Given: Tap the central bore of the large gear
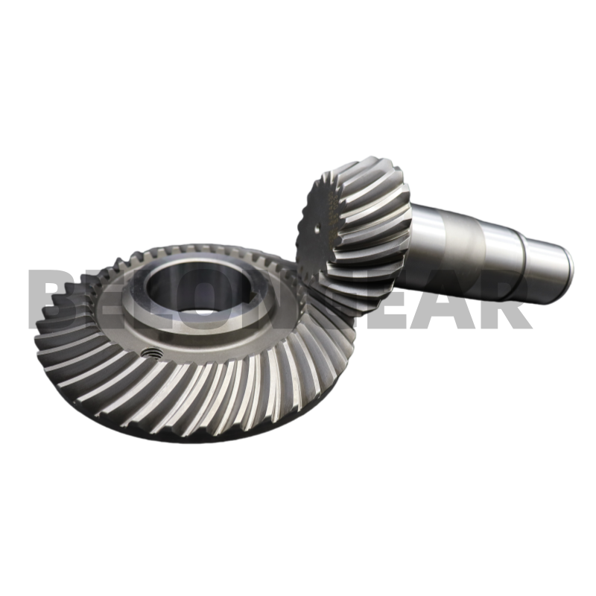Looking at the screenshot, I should coord(186,286).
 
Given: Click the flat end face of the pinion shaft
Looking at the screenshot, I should coord(568,260).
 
